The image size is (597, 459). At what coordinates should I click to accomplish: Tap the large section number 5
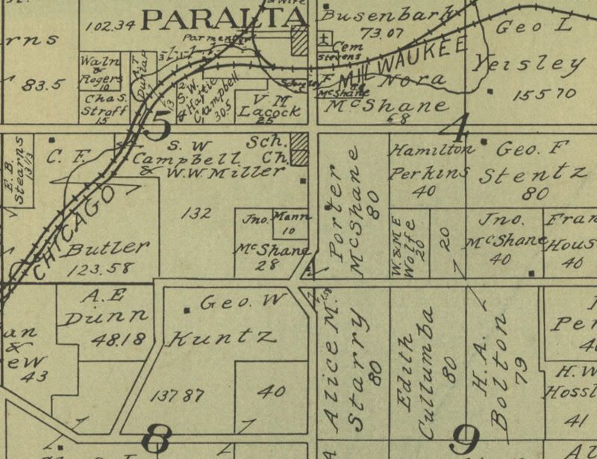158,124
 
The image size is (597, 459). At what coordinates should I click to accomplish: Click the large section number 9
464,440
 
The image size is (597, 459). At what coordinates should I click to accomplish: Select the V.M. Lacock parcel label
272,105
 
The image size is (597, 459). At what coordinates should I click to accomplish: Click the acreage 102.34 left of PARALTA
110,25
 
